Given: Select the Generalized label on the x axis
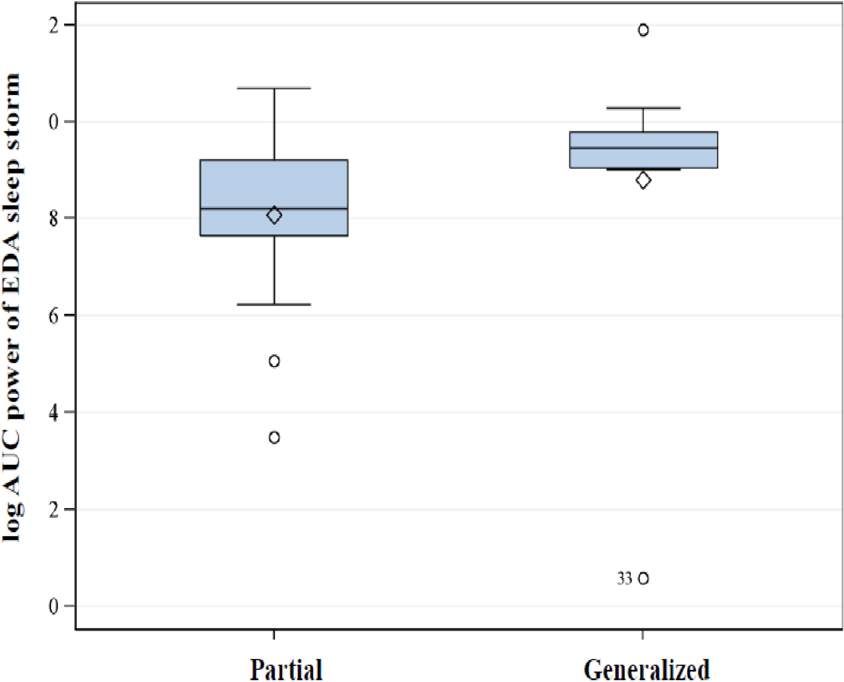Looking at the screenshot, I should pos(647,668).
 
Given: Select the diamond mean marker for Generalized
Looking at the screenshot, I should pos(643,180).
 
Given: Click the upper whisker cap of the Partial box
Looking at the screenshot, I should pos(274,88).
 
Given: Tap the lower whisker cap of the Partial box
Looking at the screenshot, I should pos(274,304).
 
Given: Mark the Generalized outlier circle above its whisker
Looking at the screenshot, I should pos(643,30).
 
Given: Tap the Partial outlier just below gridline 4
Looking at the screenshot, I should pos(274,437).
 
